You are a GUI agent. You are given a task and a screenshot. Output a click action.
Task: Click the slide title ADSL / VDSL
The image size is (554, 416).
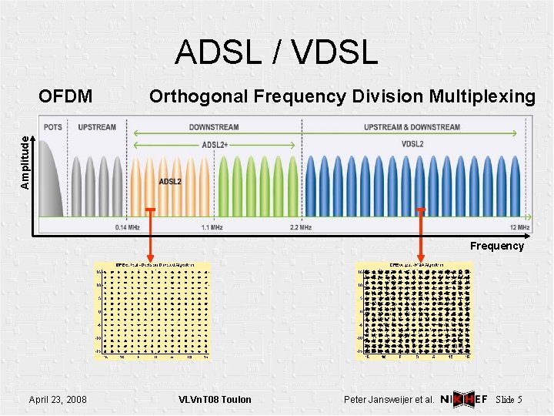coord(276,52)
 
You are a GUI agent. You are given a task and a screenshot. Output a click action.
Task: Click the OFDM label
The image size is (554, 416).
coord(66,96)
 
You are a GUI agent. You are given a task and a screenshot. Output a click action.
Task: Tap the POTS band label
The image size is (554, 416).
coord(53,126)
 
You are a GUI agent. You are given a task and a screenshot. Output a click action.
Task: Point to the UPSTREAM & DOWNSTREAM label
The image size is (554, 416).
coord(412,126)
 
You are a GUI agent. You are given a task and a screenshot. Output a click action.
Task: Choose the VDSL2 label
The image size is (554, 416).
coord(412,144)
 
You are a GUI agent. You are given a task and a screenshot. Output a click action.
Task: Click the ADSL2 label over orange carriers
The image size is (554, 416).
coord(170,182)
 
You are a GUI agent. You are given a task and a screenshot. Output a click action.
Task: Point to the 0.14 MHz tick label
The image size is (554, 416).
coord(127,228)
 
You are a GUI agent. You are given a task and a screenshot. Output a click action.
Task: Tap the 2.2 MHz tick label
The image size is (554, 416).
coord(300,228)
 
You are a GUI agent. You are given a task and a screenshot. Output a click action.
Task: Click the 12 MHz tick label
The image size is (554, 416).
coord(519,228)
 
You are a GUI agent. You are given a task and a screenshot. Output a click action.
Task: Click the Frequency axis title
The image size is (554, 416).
coord(497,246)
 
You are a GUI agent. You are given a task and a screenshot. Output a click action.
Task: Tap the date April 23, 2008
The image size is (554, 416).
coord(57,399)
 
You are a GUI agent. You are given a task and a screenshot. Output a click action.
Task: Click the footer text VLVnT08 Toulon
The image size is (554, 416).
coord(215,399)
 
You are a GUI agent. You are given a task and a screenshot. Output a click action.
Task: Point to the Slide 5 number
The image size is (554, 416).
coord(509,399)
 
